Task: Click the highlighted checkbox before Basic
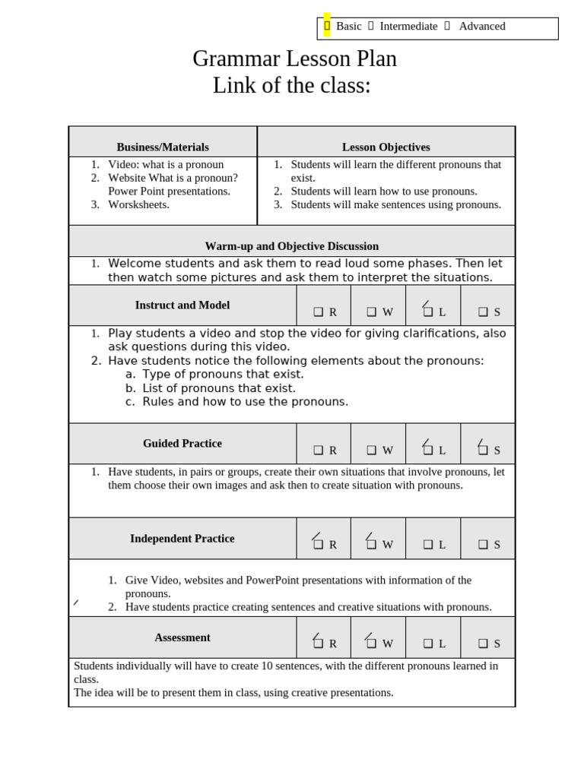[327, 26]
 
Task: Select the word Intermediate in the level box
[408, 27]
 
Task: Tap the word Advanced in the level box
[482, 27]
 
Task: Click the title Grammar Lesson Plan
[294, 59]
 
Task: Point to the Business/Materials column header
[163, 147]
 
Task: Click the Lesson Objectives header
[386, 147]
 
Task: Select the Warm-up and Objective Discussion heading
[292, 246]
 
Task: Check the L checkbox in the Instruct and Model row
[428, 312]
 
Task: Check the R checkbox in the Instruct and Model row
[319, 312]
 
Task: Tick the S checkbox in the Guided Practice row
[483, 450]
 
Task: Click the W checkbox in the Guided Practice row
[372, 451]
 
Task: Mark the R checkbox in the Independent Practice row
[319, 544]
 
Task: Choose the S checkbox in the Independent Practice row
[483, 545]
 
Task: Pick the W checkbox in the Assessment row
[372, 643]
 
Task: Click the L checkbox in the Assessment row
[428, 644]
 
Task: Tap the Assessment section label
[182, 637]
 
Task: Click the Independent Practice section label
[182, 539]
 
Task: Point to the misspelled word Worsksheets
[138, 204]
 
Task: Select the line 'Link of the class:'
[292, 86]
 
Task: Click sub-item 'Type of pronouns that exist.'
[223, 375]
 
